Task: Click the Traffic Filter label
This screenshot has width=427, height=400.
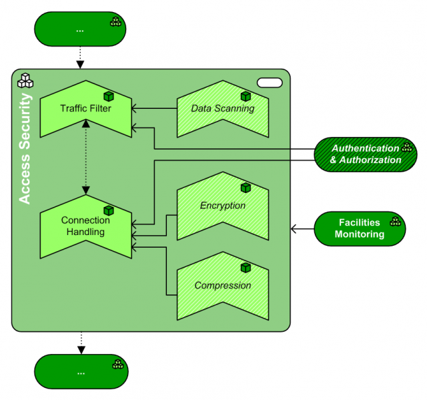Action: pyautogui.click(x=85, y=108)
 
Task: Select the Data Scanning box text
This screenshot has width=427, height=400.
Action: pyautogui.click(x=222, y=108)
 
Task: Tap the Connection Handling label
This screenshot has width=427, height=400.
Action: pyautogui.click(x=85, y=226)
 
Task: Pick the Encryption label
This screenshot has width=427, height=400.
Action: pyautogui.click(x=222, y=206)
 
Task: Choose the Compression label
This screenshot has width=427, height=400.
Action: pyautogui.click(x=222, y=285)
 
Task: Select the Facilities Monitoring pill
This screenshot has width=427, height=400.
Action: pyautogui.click(x=360, y=228)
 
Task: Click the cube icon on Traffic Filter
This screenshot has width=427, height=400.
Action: pyautogui.click(x=108, y=96)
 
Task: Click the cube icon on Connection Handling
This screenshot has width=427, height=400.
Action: pyautogui.click(x=108, y=210)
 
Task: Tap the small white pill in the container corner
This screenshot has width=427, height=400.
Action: pyautogui.click(x=270, y=82)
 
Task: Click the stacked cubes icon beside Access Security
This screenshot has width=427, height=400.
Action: pyautogui.click(x=25, y=81)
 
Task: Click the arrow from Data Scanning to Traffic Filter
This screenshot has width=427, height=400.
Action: pyautogui.click(x=154, y=108)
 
